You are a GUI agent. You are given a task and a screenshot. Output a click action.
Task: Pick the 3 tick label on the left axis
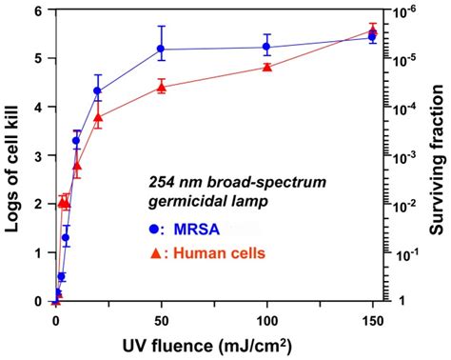click(38, 156)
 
